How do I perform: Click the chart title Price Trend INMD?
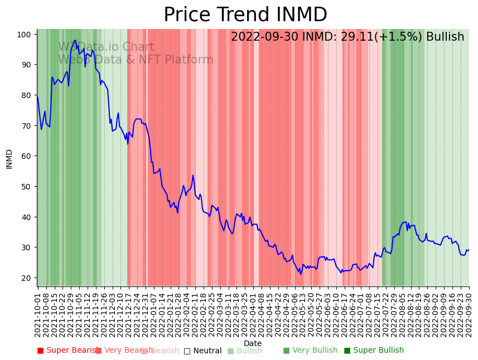(x=245, y=15)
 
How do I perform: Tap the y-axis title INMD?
(x=9, y=159)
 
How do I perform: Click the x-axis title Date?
(x=253, y=343)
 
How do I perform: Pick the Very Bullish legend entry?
(x=310, y=351)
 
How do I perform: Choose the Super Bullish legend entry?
(x=374, y=351)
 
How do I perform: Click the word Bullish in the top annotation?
(x=445, y=37)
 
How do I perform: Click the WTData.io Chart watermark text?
(x=106, y=47)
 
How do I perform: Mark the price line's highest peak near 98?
(x=75, y=40)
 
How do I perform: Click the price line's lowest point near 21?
(x=301, y=274)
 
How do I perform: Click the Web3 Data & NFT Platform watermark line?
(x=136, y=60)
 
